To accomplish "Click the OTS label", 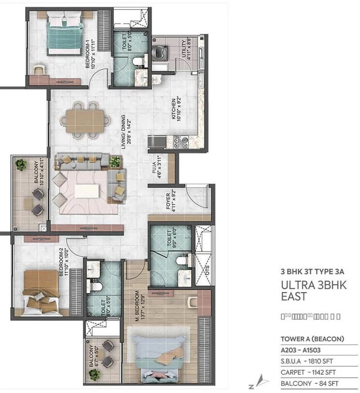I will (x=207, y=277).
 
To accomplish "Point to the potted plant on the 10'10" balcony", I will (x=21, y=165).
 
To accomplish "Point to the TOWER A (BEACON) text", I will (x=312, y=338).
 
